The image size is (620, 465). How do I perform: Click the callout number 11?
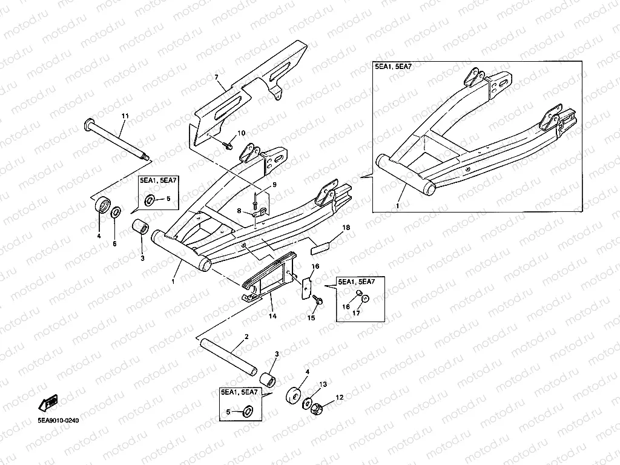125,116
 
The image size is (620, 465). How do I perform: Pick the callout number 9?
274,185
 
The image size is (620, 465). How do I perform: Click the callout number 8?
239,211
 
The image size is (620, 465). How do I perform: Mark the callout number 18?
346,228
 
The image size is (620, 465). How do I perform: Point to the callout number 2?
246,337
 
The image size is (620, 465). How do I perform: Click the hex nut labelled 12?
315,411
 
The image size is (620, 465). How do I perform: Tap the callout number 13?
323,384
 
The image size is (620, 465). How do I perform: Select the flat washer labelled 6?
116,211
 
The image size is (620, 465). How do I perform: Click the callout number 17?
357,313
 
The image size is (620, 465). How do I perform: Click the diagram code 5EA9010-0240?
59,420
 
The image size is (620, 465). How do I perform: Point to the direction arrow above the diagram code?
47,403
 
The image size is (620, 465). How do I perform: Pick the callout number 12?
340,397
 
